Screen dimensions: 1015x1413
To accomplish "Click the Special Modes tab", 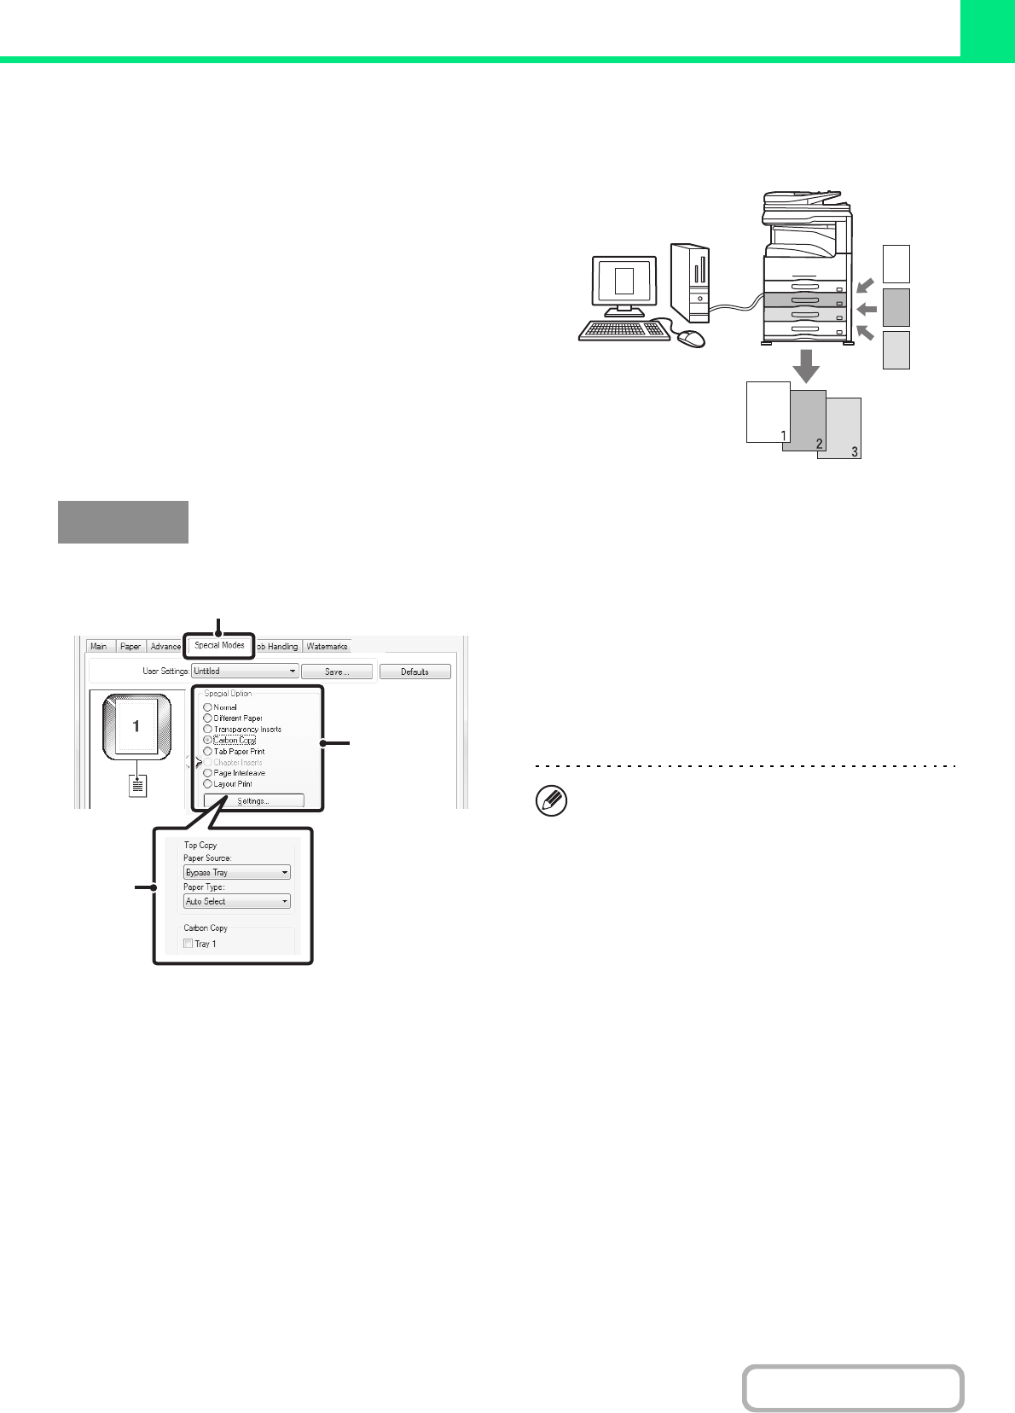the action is (219, 645).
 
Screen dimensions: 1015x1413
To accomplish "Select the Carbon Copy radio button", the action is (207, 741).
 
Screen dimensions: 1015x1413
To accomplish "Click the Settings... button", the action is (253, 801).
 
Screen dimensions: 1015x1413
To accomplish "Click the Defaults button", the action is (415, 672).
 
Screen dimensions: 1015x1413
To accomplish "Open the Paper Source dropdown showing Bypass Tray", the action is (237, 873).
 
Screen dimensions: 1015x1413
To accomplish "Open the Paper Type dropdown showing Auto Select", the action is (237, 901).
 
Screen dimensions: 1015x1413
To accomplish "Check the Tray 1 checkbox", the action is (188, 944).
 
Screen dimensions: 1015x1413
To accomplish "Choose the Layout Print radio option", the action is (207, 784).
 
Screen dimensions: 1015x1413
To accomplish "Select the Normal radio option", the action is (207, 707).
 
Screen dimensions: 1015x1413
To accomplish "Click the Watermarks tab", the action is (327, 647).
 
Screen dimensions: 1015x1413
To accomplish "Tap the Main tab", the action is (99, 647).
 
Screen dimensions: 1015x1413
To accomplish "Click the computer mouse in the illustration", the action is (691, 339).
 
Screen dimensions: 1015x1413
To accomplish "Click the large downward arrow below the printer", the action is (805, 366).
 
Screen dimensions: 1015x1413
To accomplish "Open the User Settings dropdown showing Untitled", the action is (245, 672).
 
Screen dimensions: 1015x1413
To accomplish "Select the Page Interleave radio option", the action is (207, 773).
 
